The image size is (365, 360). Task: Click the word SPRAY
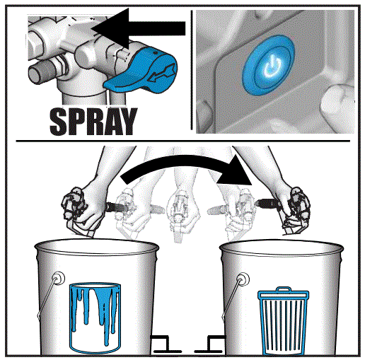tap(93, 121)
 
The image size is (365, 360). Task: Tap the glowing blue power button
tap(268, 65)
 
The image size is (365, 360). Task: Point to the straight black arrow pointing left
tap(139, 28)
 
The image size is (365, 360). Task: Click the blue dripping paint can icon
tap(95, 317)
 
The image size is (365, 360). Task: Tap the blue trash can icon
tap(283, 320)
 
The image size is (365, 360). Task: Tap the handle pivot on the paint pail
tap(57, 278)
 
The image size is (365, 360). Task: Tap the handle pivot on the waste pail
tap(243, 279)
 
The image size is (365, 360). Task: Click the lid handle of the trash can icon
tap(284, 289)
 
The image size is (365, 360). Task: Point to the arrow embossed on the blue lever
tap(163, 74)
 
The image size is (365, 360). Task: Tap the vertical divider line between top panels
tap(192, 70)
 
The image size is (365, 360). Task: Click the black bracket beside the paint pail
tap(165, 344)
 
